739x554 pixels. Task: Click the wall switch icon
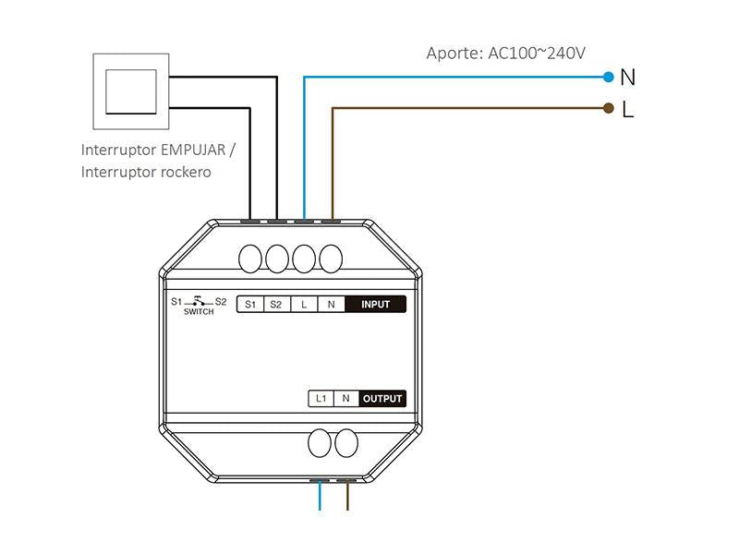tap(131, 90)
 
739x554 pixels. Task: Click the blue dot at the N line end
tap(608, 77)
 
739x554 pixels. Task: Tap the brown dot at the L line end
tap(608, 108)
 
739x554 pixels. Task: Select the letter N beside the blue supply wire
tap(628, 77)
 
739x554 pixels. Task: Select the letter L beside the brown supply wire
tap(628, 110)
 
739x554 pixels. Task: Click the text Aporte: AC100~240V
tap(505, 53)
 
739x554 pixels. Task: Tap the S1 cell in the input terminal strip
tap(250, 305)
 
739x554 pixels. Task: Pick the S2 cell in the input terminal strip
tap(276, 305)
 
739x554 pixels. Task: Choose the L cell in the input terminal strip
tap(304, 305)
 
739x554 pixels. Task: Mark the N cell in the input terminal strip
tap(331, 305)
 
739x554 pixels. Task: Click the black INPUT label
tap(375, 305)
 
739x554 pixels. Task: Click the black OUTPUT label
tap(382, 399)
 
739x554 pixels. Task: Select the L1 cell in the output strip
tap(321, 399)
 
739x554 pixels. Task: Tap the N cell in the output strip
tap(345, 399)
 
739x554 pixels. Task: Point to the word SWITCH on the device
tap(199, 312)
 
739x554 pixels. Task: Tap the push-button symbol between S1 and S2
tap(199, 301)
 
